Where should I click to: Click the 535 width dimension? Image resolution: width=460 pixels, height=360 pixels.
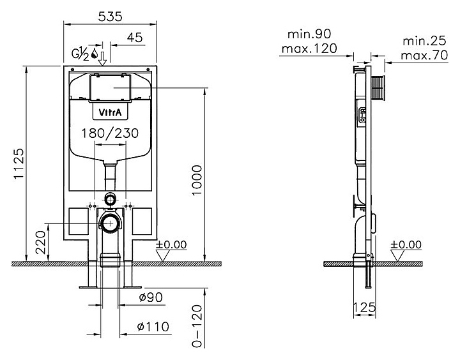point(110,17)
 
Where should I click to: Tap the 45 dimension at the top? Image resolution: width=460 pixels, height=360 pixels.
point(135,38)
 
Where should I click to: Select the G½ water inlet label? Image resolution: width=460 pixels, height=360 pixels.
point(80,54)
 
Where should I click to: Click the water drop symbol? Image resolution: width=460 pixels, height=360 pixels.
point(95,54)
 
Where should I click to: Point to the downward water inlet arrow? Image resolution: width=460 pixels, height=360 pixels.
point(102,59)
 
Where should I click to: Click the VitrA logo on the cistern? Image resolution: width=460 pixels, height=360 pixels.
point(110,112)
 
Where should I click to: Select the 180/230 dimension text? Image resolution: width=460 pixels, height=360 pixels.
point(110,133)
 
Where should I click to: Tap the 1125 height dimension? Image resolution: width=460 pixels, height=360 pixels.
point(19,163)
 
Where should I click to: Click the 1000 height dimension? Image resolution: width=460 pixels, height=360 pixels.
point(197,180)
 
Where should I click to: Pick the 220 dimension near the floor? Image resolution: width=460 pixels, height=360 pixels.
point(41,242)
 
